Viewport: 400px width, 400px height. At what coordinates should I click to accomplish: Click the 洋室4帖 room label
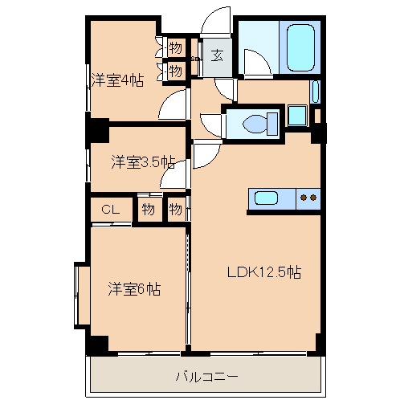pos(117,80)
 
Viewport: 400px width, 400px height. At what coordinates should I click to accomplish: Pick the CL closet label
pos(111,210)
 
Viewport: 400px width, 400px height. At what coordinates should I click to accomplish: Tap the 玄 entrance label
pos(217,55)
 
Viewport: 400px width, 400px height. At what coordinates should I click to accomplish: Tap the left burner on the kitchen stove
pos(303,196)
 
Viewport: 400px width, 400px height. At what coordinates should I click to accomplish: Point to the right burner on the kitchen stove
pos(313,196)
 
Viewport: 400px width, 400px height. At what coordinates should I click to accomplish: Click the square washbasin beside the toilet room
pos(296,115)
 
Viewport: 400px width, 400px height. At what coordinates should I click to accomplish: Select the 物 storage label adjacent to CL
pos(149,210)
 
